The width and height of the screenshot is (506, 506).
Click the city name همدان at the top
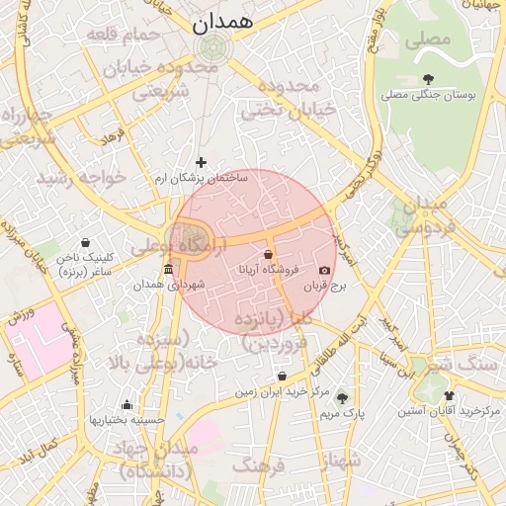[223, 19]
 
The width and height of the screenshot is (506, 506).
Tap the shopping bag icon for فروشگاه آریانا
[268, 254]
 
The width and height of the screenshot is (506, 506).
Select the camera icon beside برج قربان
[324, 270]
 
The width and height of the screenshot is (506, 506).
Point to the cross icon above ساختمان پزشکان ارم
[202, 162]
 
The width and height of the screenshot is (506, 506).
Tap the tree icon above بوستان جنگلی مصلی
[427, 79]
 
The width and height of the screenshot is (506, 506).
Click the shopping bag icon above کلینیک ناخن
[85, 242]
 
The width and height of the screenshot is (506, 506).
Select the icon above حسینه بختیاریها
[126, 404]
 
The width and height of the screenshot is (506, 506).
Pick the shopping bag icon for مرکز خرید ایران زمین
[283, 377]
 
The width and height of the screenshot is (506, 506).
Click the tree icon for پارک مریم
[342, 397]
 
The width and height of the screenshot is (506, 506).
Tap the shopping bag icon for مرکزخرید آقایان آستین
[448, 394]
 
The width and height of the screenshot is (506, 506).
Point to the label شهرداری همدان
[171, 285]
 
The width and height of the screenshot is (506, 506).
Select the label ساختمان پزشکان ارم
[202, 178]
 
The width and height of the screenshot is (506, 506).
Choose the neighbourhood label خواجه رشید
[82, 179]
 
